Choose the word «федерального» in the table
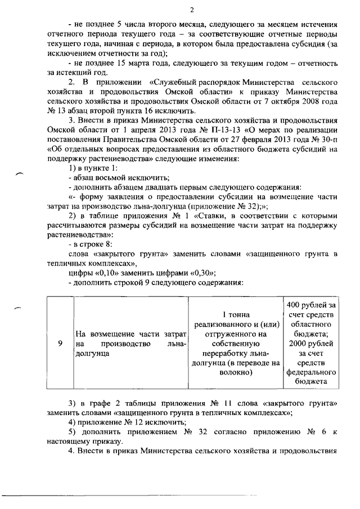click(311, 372)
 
